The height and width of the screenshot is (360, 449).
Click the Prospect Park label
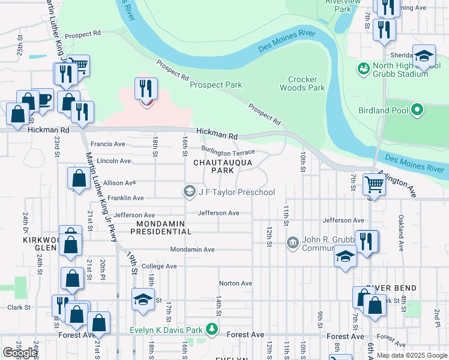[x=215, y=85]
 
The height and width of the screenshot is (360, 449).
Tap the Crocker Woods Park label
[x=302, y=83]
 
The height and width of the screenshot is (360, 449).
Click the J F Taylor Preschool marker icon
[x=189, y=192]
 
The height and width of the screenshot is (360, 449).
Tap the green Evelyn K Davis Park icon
[x=211, y=329]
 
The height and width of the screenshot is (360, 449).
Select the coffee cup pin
[x=44, y=100]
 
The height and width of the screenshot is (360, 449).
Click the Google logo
[x=20, y=353]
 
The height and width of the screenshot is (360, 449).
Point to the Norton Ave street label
[x=235, y=283]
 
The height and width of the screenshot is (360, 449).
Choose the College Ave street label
[x=159, y=266]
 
